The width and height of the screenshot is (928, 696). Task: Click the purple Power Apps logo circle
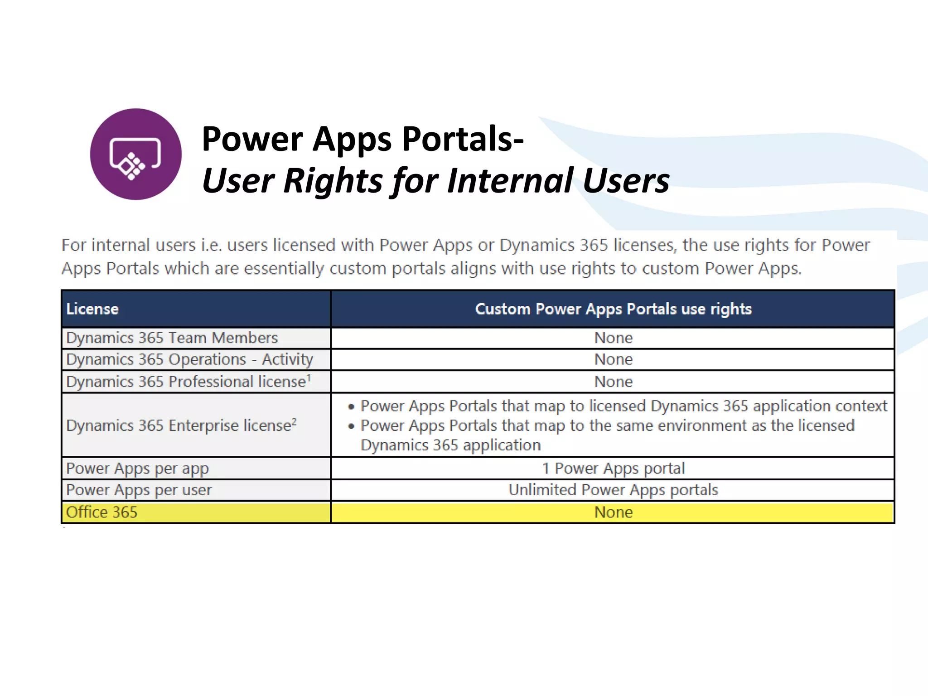click(135, 154)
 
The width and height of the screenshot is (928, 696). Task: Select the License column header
click(92, 309)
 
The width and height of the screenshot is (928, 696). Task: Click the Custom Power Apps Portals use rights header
click(613, 309)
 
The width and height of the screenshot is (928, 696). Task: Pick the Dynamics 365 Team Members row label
click(172, 338)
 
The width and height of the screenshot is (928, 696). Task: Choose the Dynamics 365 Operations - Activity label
click(189, 359)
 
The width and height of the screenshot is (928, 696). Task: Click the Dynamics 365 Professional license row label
click(186, 382)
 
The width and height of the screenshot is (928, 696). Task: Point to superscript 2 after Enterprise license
click(294, 421)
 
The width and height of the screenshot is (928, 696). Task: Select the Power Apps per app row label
click(137, 468)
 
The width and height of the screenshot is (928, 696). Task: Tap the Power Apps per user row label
click(139, 490)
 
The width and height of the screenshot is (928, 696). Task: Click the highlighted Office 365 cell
click(102, 512)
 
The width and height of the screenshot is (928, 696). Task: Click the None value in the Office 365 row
click(613, 512)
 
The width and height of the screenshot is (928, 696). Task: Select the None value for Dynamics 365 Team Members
click(613, 338)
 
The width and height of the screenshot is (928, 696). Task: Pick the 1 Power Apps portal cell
click(613, 468)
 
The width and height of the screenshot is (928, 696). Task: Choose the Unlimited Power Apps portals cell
click(613, 490)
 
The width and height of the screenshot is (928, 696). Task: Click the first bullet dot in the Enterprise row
click(351, 406)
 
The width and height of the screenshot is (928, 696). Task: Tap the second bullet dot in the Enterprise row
click(351, 426)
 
